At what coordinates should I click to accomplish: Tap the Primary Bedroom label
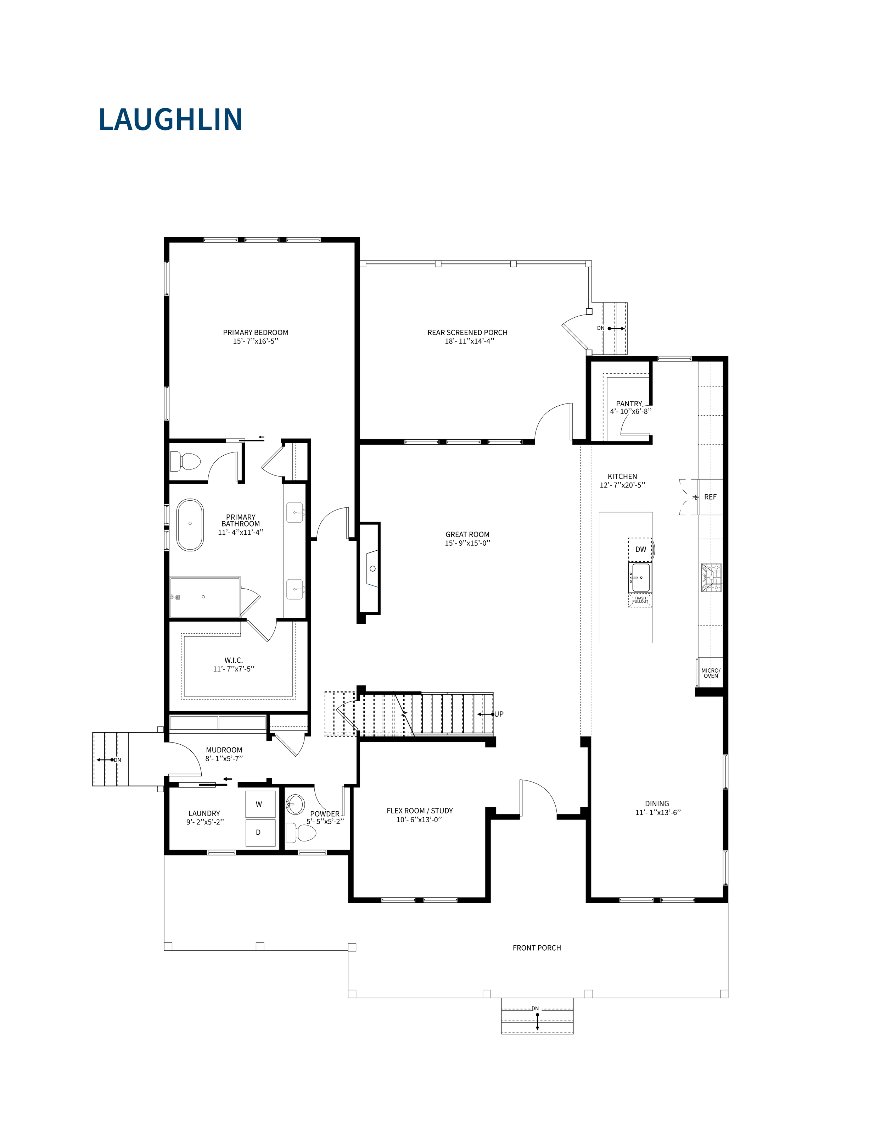point(256,333)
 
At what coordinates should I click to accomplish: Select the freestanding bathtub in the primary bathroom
point(190,525)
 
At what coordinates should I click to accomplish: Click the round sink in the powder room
point(295,804)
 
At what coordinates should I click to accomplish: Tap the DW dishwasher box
point(640,549)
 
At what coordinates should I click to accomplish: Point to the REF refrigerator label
point(710,497)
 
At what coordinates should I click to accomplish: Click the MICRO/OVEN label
point(711,673)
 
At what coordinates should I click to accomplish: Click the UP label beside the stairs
point(499,714)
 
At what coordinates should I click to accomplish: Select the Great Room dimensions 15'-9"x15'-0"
point(467,543)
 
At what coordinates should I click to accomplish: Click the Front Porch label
point(537,948)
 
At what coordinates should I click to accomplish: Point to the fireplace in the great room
point(369,568)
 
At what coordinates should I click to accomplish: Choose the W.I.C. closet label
point(234,660)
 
